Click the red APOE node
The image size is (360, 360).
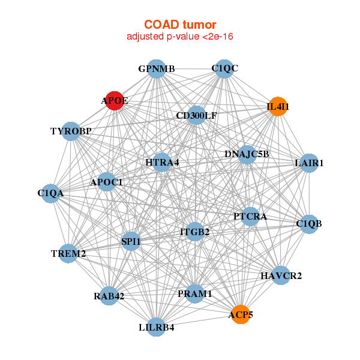(114, 101)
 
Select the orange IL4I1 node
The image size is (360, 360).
(277, 107)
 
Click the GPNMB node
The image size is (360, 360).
(156, 69)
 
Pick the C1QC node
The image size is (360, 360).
(224, 68)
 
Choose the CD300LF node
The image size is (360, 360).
(196, 115)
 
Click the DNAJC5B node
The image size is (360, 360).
(247, 154)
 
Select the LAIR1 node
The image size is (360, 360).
(308, 163)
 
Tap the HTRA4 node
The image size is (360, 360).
(162, 163)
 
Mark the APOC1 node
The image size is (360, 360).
(107, 182)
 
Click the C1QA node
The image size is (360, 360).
(51, 193)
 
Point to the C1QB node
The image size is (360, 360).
(308, 224)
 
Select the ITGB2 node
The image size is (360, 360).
(195, 232)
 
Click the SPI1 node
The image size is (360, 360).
(131, 242)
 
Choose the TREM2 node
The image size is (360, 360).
(68, 254)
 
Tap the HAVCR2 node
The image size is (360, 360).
(281, 276)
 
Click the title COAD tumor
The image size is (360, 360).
(180, 25)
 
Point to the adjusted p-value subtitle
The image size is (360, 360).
(180, 37)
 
